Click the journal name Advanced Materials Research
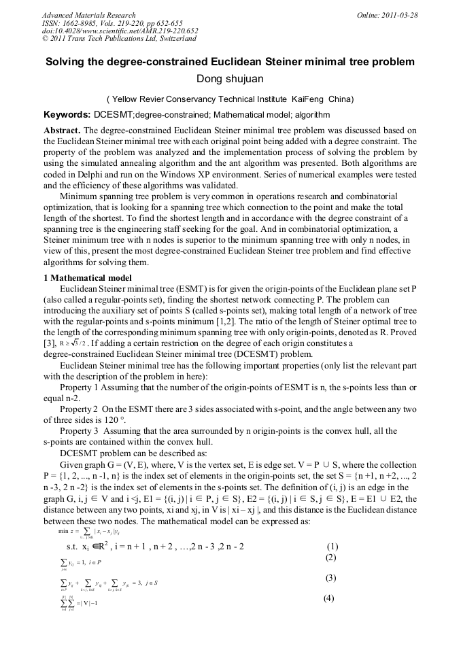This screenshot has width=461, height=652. point(88,15)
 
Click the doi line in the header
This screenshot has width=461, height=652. point(120,31)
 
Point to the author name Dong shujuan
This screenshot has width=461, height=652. point(229,79)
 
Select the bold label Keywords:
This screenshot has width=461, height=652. point(67,115)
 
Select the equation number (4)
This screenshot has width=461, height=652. point(328,599)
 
